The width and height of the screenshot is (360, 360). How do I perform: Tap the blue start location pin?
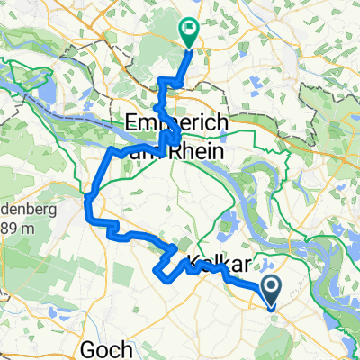tap(270, 290)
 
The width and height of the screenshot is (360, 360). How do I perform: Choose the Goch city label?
tap(106, 349)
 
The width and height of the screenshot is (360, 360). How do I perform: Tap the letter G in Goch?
tap(88, 349)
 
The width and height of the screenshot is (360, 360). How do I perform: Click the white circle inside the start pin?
tap(270, 286)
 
